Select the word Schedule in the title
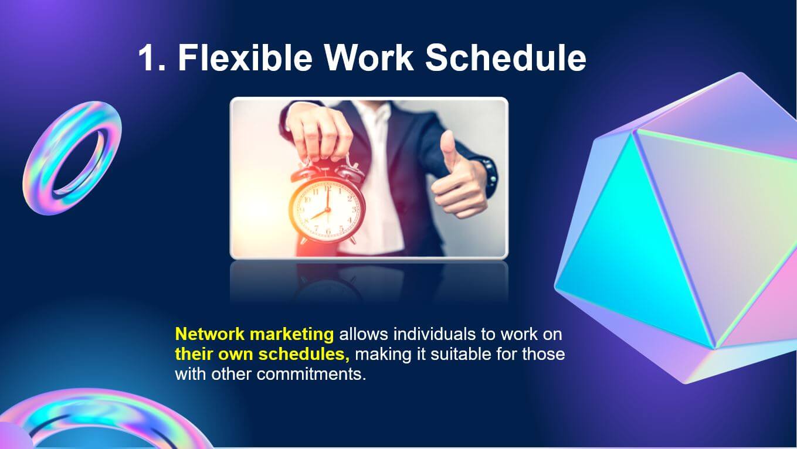tap(506, 57)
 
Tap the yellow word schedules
tap(304, 354)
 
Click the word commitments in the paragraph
tap(311, 375)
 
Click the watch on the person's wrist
tap(490, 176)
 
